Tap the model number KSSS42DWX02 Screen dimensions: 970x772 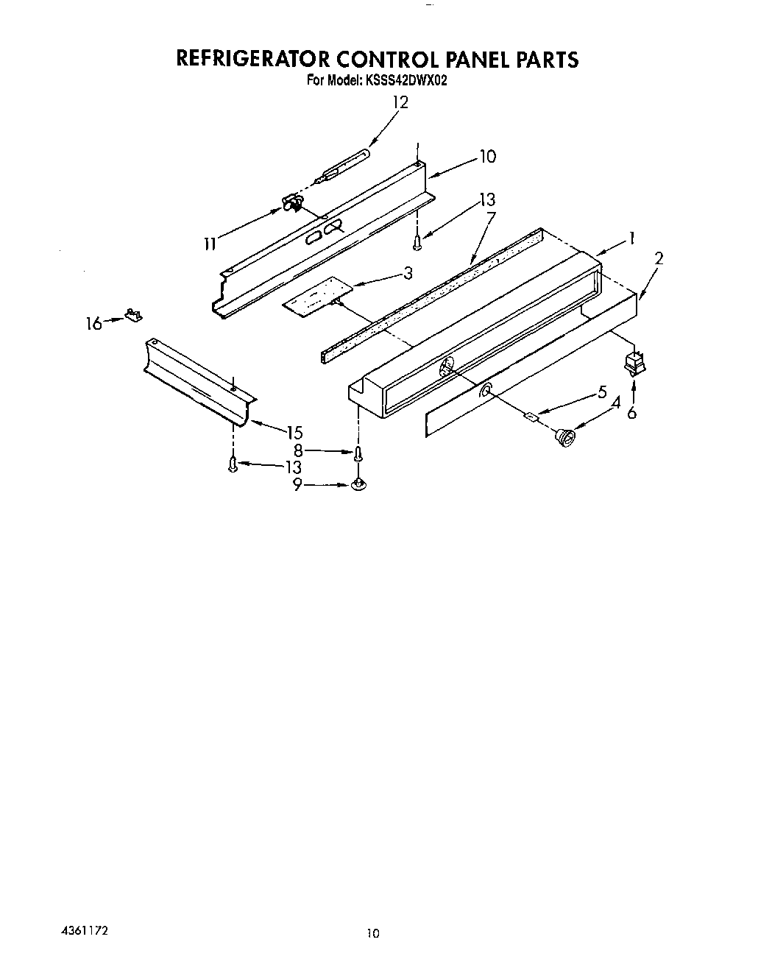(403, 82)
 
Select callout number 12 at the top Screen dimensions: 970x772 (400, 103)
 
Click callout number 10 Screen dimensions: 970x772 (488, 157)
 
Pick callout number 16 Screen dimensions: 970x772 (94, 322)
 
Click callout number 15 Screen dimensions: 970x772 (294, 432)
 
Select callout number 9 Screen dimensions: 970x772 (297, 485)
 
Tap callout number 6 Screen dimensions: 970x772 (632, 414)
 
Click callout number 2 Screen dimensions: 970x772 (659, 258)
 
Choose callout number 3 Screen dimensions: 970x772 (408, 273)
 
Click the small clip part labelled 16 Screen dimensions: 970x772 (134, 316)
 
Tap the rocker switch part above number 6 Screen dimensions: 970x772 (632, 364)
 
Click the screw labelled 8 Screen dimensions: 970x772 (358, 453)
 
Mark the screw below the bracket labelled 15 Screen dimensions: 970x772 (233, 465)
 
